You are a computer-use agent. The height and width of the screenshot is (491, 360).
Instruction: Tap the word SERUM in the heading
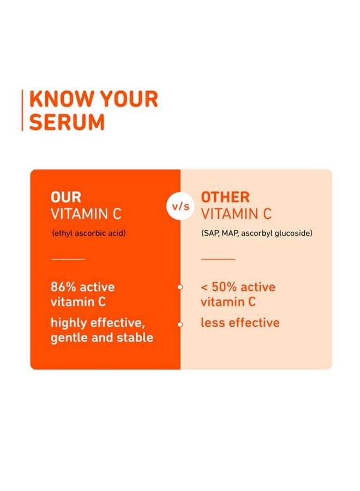coord(67,122)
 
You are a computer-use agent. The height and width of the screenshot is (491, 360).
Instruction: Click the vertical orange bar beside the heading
coord(22,110)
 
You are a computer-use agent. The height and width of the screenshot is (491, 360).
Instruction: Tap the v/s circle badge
coord(181,206)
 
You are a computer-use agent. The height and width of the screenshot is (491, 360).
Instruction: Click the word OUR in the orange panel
coord(66,197)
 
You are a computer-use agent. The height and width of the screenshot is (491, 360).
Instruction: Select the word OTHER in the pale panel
coord(225,197)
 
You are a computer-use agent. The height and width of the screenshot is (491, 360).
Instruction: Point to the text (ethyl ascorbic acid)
coord(89,233)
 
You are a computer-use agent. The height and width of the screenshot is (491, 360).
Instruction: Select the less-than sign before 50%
coord(204,287)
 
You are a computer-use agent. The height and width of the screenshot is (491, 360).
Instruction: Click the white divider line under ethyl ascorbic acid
coord(68,259)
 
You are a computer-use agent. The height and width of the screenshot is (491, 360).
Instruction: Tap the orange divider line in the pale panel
coord(218,259)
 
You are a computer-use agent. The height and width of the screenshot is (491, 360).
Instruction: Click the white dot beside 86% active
coord(180,287)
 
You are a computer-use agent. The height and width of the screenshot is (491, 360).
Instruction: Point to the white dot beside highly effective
coord(180,325)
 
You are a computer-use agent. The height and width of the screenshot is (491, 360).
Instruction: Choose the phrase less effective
coord(240,322)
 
